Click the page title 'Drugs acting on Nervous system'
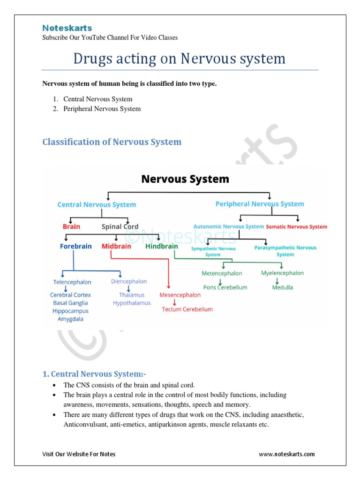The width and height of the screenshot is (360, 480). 180,59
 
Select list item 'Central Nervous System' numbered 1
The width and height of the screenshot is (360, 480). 98,99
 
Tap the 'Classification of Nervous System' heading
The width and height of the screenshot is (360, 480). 112,142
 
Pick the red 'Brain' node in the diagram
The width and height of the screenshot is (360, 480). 71,226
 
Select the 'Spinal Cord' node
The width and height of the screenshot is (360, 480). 120,226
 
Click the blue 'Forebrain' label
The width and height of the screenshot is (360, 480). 76,246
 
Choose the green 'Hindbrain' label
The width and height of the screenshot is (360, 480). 162,246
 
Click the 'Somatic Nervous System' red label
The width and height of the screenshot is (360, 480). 296,227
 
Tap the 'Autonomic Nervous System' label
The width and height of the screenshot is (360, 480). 229,226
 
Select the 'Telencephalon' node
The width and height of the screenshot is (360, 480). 72,282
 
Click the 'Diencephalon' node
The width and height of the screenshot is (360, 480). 129,281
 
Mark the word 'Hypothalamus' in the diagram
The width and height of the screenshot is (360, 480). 132,303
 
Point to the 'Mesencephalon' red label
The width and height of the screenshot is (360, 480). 180,295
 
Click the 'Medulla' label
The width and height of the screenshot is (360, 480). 282,287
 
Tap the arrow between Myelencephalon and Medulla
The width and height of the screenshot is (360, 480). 277,280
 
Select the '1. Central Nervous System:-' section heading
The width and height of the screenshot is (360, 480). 94,374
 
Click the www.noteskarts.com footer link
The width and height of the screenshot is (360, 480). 286,454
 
